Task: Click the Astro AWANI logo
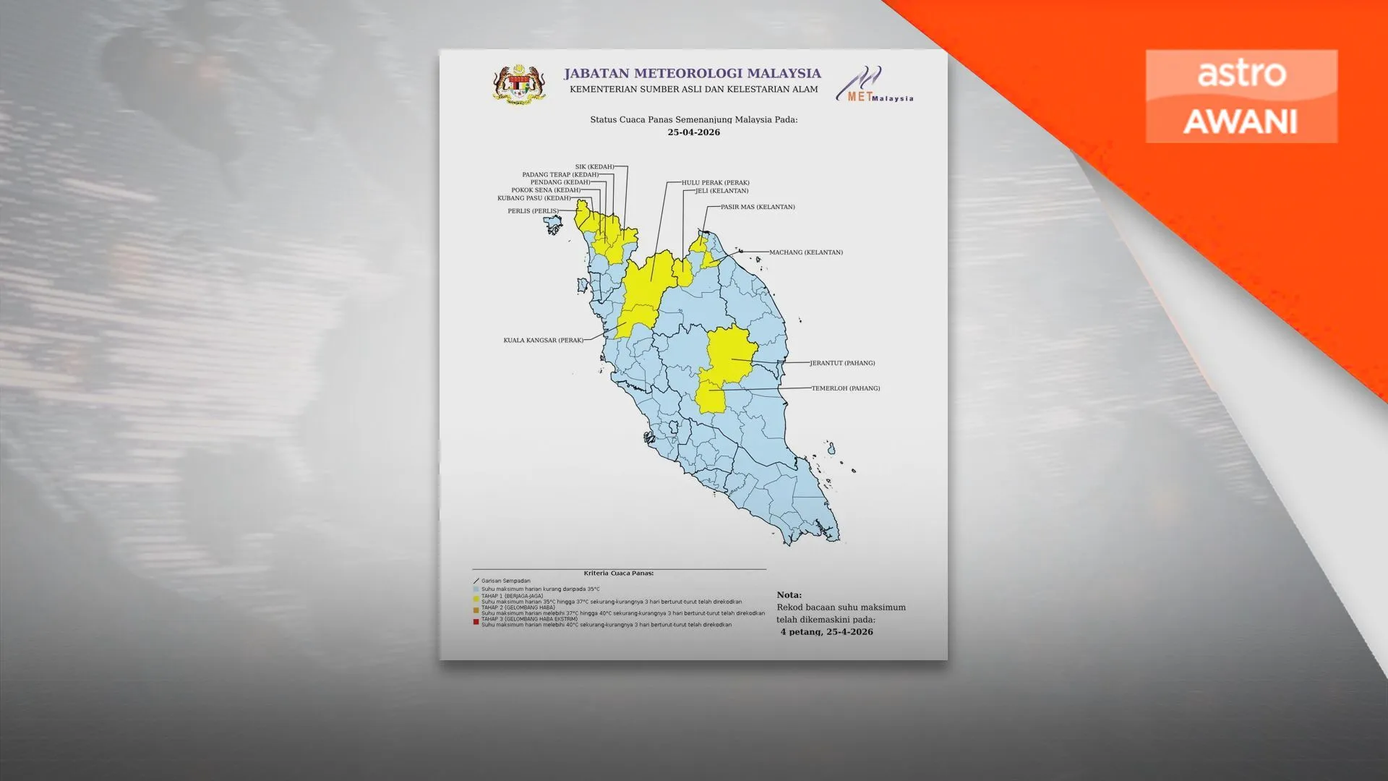[x=1241, y=96]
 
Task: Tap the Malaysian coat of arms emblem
[x=518, y=85]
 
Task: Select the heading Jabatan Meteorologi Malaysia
[x=692, y=73]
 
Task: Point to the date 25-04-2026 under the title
[x=693, y=132]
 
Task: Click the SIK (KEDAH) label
[x=594, y=167]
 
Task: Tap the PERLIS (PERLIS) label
[x=533, y=211]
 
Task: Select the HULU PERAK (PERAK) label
[x=715, y=183]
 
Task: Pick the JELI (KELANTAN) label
[x=722, y=191]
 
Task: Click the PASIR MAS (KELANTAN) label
[x=758, y=207]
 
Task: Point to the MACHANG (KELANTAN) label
[x=805, y=252]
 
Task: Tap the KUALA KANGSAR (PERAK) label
[x=543, y=340]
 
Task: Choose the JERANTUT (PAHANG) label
[x=842, y=363]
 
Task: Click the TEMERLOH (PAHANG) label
[x=846, y=388]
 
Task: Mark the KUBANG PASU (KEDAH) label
[x=534, y=198]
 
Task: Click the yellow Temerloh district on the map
[x=711, y=397]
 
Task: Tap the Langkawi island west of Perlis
[x=553, y=225]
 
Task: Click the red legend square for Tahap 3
[x=476, y=622]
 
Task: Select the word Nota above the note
[x=789, y=595]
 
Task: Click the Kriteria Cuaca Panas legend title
[x=618, y=573]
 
